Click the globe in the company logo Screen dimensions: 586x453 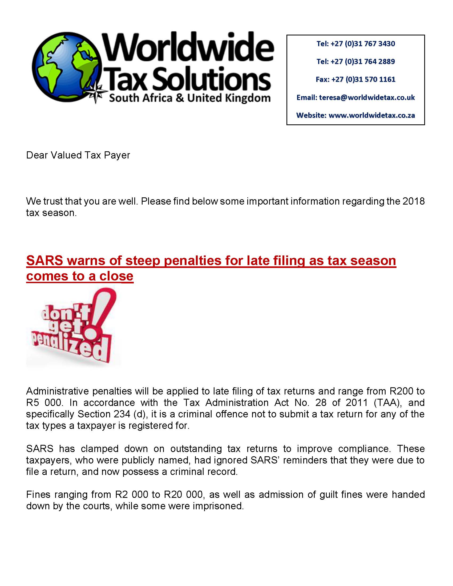tap(67, 67)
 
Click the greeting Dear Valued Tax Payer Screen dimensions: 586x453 tap(78, 155)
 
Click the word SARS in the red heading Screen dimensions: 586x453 tap(45, 261)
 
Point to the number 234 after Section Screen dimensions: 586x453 tap(112, 414)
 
